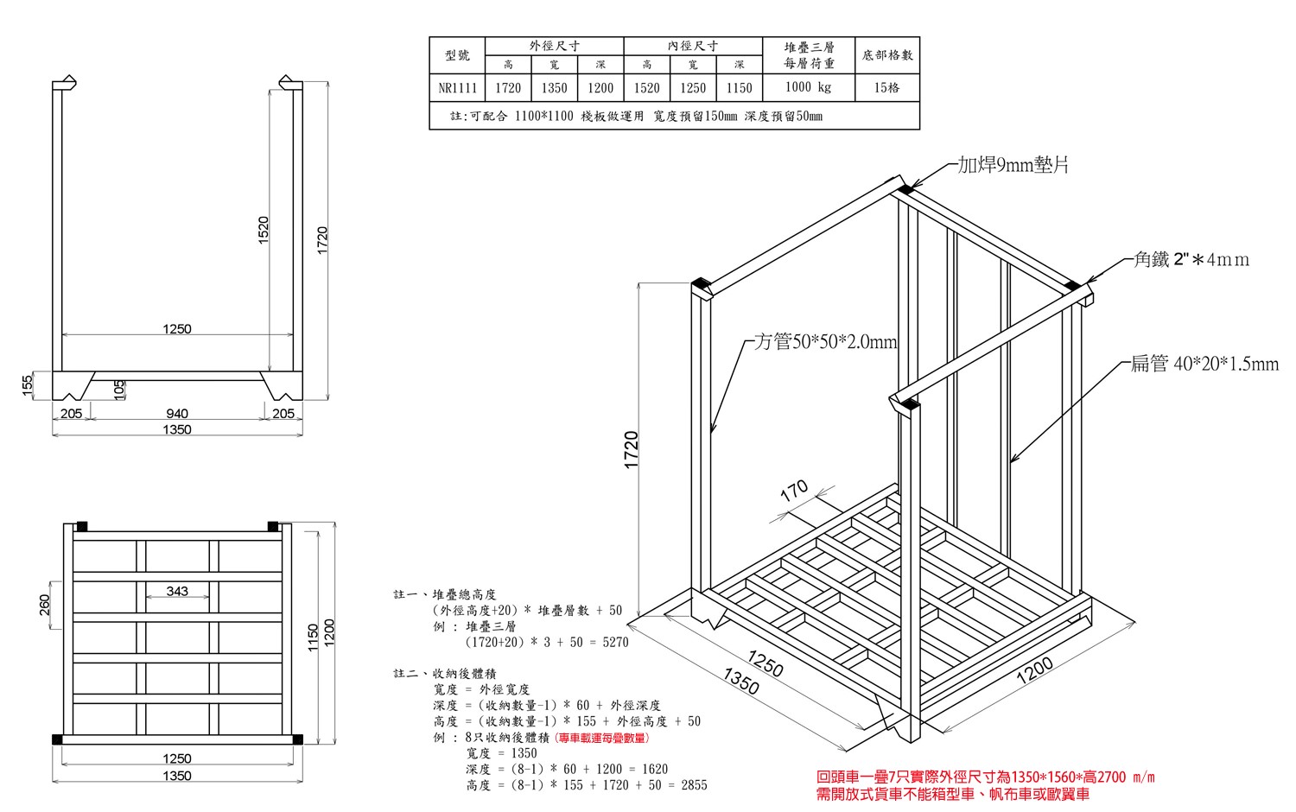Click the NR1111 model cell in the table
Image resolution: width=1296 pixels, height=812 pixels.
pos(457,88)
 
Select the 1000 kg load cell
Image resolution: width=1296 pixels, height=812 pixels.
pos(808,87)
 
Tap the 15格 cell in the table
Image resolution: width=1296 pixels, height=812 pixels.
pos(886,88)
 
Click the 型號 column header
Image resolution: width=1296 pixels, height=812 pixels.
pos(457,55)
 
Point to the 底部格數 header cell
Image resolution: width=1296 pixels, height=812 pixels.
pos(887,55)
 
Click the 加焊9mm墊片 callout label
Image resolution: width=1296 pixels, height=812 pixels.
pos(1013,165)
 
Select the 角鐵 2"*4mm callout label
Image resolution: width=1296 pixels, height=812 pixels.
pos(1191,259)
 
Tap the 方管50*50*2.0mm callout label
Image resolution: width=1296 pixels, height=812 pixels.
pos(825,342)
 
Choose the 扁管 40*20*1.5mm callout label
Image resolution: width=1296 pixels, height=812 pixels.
pos(1204,363)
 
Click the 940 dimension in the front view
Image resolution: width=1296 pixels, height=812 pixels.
pos(177,414)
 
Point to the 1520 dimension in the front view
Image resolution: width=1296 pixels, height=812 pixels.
pos(264,230)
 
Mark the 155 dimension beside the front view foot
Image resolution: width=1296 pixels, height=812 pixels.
pos(27,386)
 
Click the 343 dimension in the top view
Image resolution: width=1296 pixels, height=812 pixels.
pos(177,591)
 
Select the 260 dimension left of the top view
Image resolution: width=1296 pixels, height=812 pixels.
pos(45,605)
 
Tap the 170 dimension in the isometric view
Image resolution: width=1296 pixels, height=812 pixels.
pos(794,491)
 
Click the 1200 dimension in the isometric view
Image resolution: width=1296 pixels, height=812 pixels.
pos(1034,671)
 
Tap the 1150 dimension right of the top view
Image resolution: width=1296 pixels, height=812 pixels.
pos(313,638)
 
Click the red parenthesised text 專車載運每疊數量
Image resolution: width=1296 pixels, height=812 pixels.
pos(601,738)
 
